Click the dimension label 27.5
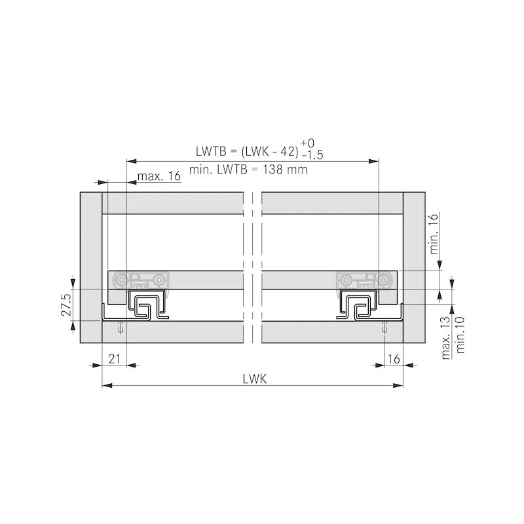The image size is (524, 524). click(66, 305)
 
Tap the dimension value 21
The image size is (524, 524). click(114, 359)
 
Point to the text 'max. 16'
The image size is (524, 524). click(159, 176)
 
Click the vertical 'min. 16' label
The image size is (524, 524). click(434, 234)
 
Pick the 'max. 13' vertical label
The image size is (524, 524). click(446, 338)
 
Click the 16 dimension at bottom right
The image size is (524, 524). click(394, 359)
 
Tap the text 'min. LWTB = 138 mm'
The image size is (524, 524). click(248, 170)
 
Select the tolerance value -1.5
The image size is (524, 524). click(312, 155)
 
